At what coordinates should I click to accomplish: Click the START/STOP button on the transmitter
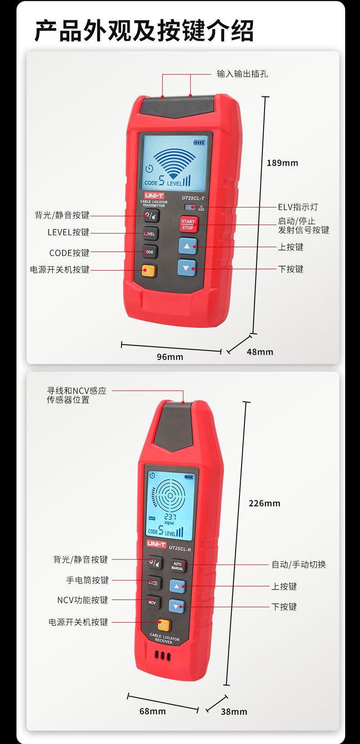pyautogui.click(x=188, y=224)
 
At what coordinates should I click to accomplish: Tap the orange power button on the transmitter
pyautogui.click(x=148, y=271)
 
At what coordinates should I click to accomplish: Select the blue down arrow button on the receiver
pyautogui.click(x=177, y=606)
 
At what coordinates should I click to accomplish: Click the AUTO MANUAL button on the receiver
pyautogui.click(x=177, y=566)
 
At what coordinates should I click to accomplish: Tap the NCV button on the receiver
pyautogui.click(x=152, y=602)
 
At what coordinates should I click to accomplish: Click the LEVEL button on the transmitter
pyautogui.click(x=149, y=234)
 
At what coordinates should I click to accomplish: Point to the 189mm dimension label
pyautogui.click(x=282, y=163)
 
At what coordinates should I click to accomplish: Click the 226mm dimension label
pyautogui.click(x=264, y=503)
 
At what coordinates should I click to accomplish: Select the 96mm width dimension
pyautogui.click(x=170, y=356)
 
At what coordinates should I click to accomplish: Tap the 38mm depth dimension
pyautogui.click(x=234, y=711)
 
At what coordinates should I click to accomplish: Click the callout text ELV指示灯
pyautogui.click(x=297, y=207)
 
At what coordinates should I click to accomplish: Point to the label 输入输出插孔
pyautogui.click(x=242, y=74)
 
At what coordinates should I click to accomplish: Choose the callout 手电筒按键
pyautogui.click(x=87, y=580)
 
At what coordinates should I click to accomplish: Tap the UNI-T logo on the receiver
pyautogui.click(x=156, y=544)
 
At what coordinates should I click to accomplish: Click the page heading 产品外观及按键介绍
pyautogui.click(x=144, y=31)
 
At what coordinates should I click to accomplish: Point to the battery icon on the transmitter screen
pyautogui.click(x=198, y=143)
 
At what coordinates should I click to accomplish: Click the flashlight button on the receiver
pyautogui.click(x=153, y=582)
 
